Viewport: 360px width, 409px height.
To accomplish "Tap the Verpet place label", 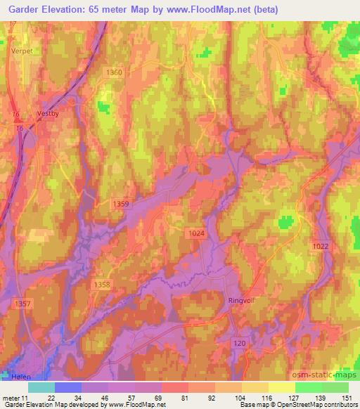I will tap(22, 51).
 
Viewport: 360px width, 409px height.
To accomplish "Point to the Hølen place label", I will tap(22, 377).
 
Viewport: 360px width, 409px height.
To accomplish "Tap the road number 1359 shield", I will tap(121, 204).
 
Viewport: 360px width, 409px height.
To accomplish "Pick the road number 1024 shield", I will tap(195, 233).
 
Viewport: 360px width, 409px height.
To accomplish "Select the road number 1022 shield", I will tap(320, 245).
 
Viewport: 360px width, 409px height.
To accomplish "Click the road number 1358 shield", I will tap(102, 285).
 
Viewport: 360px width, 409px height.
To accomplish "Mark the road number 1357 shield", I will tap(22, 304).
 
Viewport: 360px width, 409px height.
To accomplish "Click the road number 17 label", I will tap(12, 25).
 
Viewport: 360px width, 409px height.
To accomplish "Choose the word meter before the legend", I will tap(12, 397).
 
